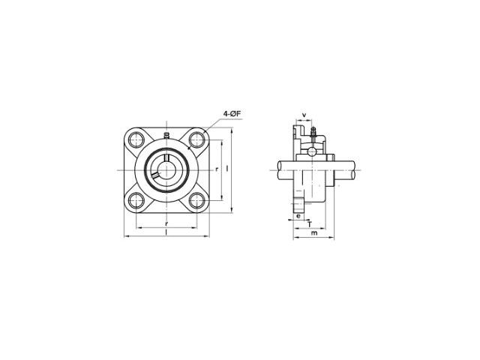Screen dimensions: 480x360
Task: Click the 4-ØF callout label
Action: click(x=232, y=114)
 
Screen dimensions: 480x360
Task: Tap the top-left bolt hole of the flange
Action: click(x=136, y=139)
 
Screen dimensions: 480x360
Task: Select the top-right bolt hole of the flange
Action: click(x=196, y=139)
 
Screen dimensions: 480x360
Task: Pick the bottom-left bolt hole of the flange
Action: click(x=136, y=201)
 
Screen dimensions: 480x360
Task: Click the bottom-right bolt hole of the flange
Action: click(x=196, y=201)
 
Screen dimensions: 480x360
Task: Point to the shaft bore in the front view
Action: click(x=166, y=170)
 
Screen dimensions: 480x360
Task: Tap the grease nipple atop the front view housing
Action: click(x=166, y=135)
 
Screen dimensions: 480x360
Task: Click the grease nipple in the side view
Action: click(x=313, y=133)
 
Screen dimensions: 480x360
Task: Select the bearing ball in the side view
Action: click(x=312, y=151)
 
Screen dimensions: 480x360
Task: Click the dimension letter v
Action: click(x=304, y=115)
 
